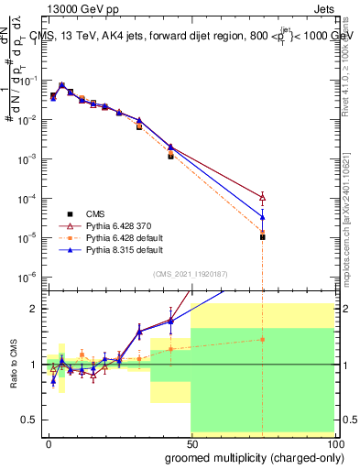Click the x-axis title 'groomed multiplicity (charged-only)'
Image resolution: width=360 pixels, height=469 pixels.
click(249, 455)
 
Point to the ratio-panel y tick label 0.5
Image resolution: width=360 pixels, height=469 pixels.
click(27, 420)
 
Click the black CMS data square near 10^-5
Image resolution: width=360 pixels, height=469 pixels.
click(262, 236)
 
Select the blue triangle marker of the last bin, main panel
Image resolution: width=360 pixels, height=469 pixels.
click(262, 217)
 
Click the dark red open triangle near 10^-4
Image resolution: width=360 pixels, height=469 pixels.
click(262, 197)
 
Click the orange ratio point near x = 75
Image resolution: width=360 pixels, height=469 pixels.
click(262, 339)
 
